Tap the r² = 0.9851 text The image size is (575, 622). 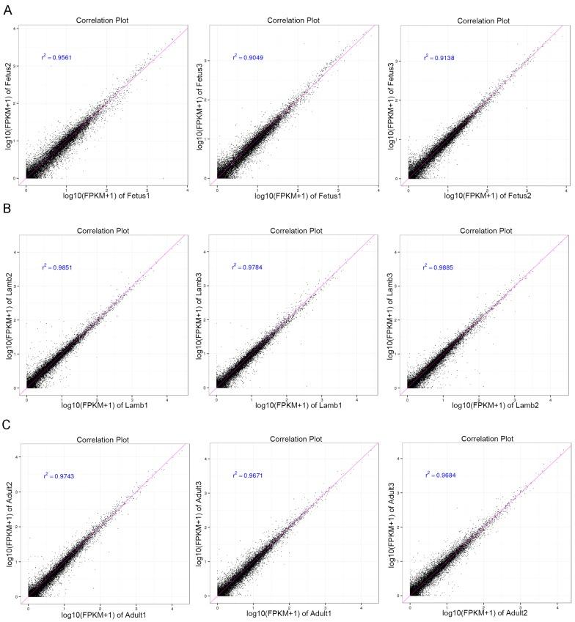(x=56, y=267)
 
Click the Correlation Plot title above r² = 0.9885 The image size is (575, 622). (x=485, y=229)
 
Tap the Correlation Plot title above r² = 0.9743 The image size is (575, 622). (x=103, y=438)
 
